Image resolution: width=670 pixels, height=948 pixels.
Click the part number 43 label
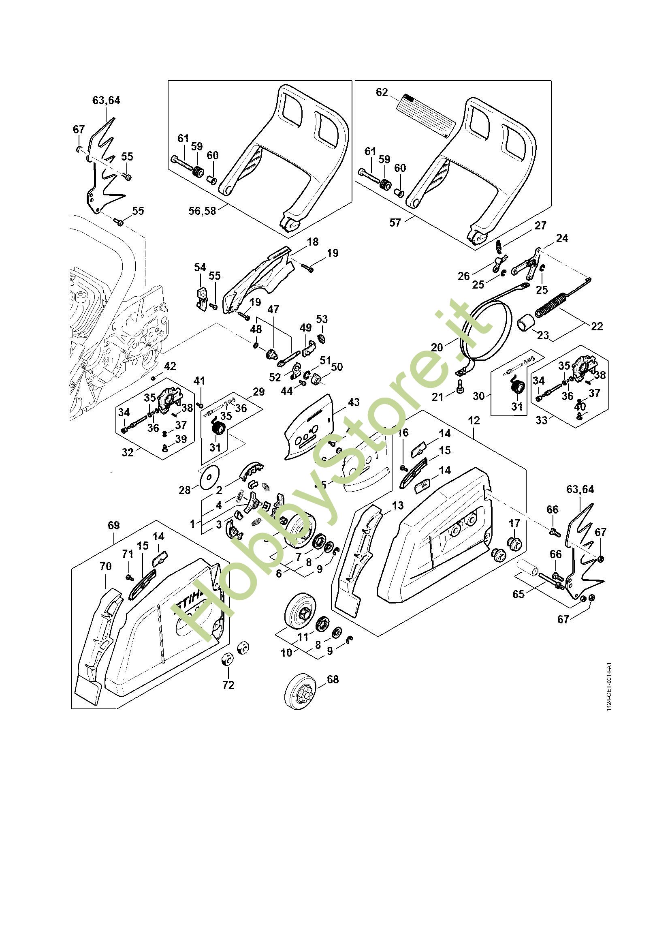click(x=354, y=402)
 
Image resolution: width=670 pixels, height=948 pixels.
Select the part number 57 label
click(x=395, y=223)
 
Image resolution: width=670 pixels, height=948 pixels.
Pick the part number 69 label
click(x=113, y=525)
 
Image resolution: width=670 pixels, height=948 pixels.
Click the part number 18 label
click(x=313, y=242)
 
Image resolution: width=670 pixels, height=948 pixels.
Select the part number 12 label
click(x=474, y=420)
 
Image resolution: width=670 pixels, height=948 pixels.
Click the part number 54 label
click(x=200, y=267)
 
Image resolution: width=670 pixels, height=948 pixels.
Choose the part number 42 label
click(x=170, y=366)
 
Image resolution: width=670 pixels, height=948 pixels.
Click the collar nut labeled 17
click(x=514, y=541)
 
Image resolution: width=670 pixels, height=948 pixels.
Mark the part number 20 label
click(x=437, y=347)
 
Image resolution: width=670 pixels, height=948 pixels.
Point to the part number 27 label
click(x=540, y=225)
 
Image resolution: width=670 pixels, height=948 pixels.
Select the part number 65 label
click(x=518, y=594)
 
